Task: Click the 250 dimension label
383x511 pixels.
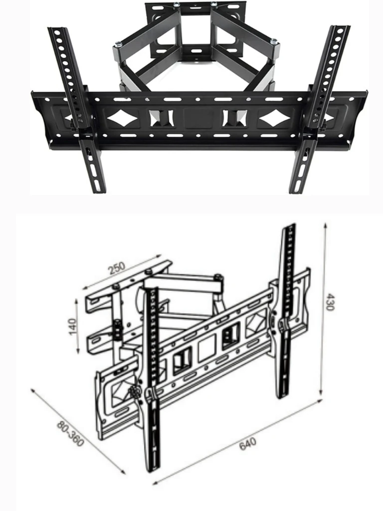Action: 117,267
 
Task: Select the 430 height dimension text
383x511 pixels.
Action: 330,302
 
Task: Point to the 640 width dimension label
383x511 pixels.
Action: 248,444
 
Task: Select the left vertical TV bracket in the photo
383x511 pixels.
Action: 76,109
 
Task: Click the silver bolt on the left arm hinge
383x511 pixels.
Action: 119,44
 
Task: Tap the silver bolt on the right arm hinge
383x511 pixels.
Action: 274,41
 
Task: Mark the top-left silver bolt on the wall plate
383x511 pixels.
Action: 177,4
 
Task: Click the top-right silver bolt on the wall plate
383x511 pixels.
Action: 214,4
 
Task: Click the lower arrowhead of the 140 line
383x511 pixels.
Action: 78,351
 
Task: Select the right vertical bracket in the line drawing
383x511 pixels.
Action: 287,311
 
